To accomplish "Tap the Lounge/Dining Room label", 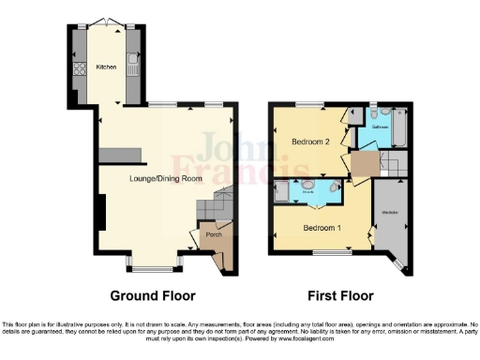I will [153, 177].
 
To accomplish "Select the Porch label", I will [214, 235].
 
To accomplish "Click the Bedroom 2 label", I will [308, 142].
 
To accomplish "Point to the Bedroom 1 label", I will [322, 227].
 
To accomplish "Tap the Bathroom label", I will [380, 126].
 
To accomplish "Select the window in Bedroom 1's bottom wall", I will [326, 251].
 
